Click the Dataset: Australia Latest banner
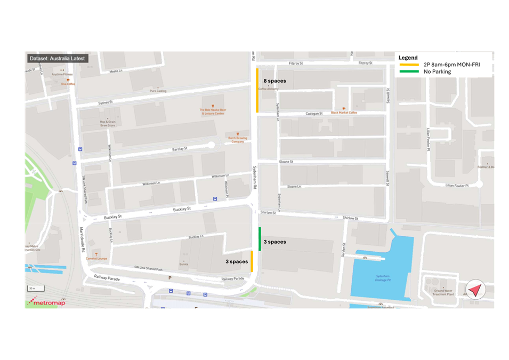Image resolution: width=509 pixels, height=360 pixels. (x=56, y=59)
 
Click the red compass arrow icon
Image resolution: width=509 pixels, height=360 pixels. (x=475, y=290)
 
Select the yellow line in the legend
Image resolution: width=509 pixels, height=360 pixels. (x=409, y=65)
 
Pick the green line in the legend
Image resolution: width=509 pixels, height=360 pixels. (x=409, y=71)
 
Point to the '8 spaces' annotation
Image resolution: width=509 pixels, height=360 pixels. (x=274, y=81)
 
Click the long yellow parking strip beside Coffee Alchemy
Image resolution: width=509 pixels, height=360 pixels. (x=257, y=90)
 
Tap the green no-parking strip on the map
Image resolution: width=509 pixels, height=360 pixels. (x=260, y=239)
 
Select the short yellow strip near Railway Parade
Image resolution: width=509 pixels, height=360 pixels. (x=252, y=261)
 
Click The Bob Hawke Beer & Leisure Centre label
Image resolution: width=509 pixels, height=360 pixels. (x=212, y=111)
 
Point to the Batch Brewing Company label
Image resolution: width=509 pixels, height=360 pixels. (x=238, y=140)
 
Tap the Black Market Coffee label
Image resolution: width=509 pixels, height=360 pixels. (x=344, y=113)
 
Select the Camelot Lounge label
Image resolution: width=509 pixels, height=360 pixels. (x=96, y=259)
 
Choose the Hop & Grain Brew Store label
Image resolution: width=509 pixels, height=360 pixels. (x=107, y=124)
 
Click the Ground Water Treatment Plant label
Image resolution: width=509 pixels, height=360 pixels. (x=443, y=292)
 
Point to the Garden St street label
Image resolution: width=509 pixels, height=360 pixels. (x=344, y=250)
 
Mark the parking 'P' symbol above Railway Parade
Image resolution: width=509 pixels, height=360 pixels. (x=170, y=278)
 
